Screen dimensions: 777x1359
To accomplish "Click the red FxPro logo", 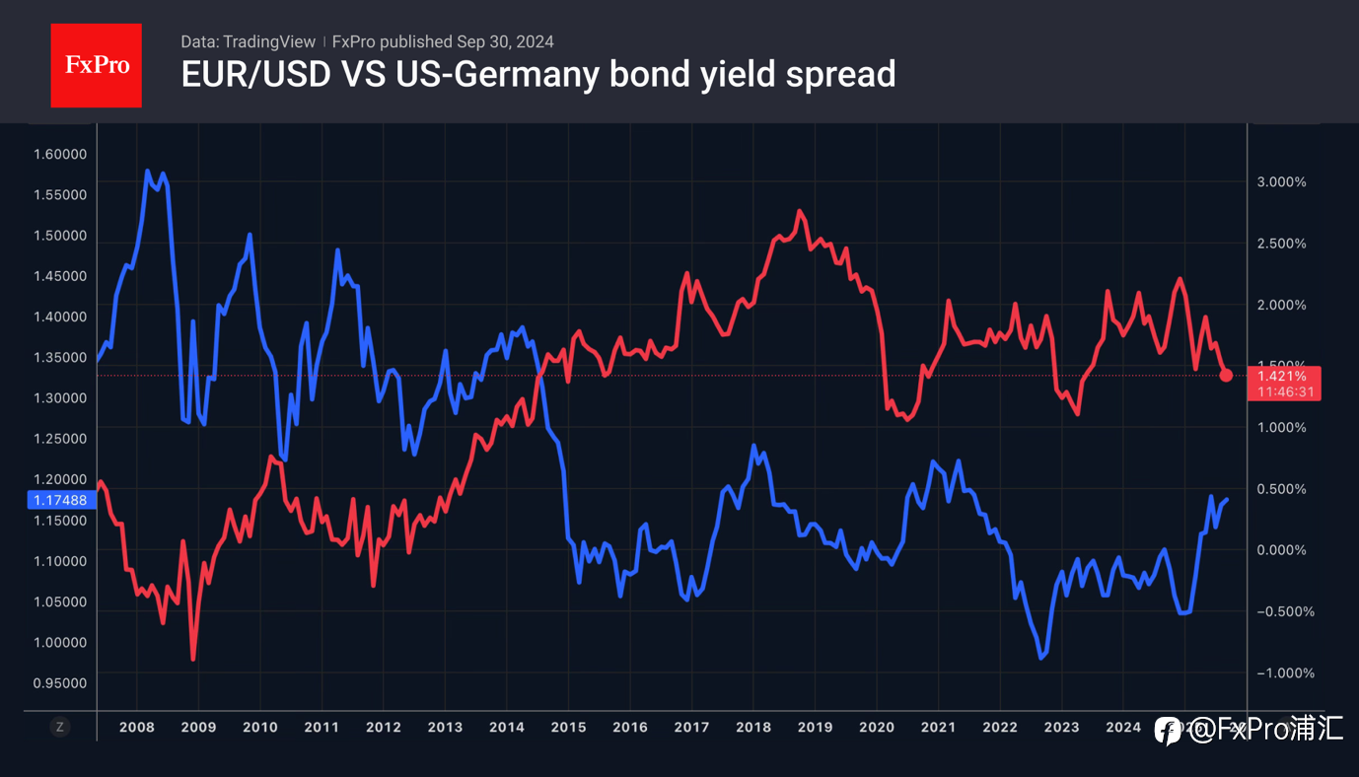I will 96,65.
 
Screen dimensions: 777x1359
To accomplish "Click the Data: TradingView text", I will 248,41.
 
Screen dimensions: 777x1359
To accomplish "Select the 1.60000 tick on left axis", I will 59,154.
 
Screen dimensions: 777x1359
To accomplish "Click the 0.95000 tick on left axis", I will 59,682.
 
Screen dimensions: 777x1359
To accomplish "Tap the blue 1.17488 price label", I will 60,500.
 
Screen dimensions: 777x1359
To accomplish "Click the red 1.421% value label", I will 1282,376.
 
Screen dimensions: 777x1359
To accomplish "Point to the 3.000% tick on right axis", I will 1281,182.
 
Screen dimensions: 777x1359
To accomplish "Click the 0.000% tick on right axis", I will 1281,550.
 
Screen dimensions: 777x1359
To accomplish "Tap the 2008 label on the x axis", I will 136,727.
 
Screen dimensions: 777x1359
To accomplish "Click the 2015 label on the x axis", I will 568,727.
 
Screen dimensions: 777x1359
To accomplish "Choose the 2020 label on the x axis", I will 877,727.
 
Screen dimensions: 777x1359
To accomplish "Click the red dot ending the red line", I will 1226,375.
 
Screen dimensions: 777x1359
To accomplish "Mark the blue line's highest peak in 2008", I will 148,172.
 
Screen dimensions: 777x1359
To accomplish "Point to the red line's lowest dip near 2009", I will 193,659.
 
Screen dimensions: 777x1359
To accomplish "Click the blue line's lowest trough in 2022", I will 1041,657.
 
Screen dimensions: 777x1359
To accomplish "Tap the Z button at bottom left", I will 60,727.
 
